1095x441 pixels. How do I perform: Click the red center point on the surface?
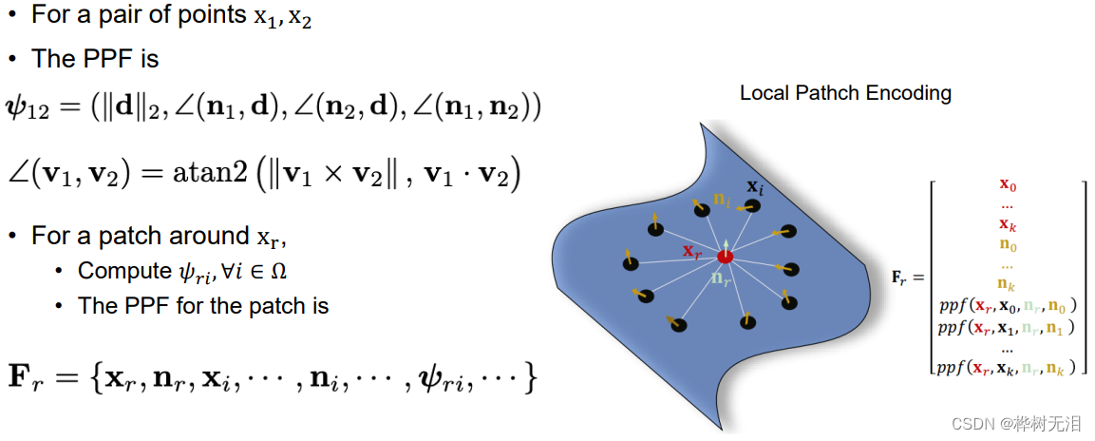tap(726, 257)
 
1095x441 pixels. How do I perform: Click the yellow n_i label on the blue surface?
tap(723, 201)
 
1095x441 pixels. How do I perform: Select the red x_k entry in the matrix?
tap(1009, 224)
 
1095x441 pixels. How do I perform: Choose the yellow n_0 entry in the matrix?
tap(1009, 244)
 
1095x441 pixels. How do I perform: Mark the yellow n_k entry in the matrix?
tap(1009, 284)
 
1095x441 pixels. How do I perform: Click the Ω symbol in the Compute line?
tap(278, 272)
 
